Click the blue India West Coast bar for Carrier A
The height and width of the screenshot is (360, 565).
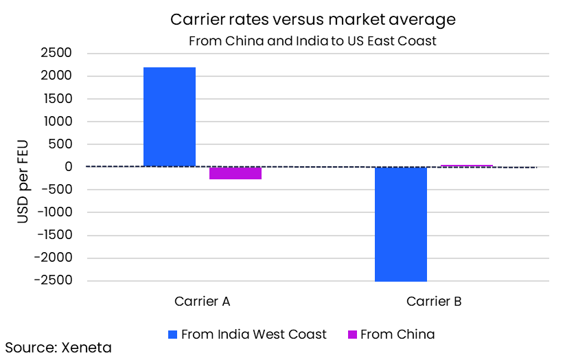tap(169, 117)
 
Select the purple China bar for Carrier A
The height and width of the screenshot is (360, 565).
tap(235, 173)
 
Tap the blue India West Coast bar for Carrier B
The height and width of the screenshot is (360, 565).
tap(400, 224)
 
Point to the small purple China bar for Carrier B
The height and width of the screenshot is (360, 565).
tap(467, 166)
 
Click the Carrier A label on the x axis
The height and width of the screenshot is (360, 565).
tap(202, 301)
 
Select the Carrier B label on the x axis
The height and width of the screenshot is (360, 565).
tap(434, 301)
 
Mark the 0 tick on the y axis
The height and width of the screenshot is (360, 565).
tap(69, 167)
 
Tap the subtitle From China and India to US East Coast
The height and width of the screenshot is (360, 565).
tap(312, 41)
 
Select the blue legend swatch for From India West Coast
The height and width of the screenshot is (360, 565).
tap(172, 335)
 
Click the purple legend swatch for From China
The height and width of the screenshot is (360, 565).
tap(352, 335)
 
